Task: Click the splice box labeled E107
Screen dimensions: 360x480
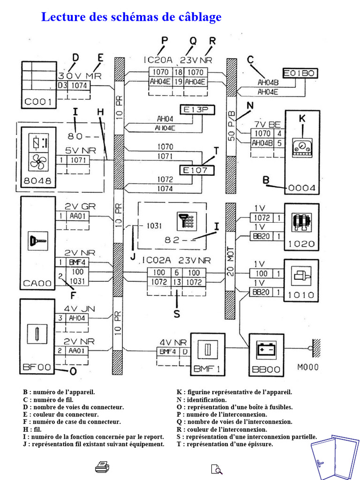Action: (197, 171)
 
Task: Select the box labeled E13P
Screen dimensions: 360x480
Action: (197, 110)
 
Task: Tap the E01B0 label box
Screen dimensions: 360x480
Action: (300, 73)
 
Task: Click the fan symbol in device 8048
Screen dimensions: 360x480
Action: (38, 162)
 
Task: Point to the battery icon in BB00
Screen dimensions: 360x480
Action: (266, 349)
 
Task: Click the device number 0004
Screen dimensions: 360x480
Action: (301, 188)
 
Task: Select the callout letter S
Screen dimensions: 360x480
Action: (177, 314)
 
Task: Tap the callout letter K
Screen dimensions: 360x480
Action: (302, 118)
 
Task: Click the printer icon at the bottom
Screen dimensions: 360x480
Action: (102, 467)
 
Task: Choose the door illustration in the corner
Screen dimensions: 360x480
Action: (334, 457)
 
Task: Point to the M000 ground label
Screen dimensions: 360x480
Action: (307, 367)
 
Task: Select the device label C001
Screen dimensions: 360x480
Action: (38, 102)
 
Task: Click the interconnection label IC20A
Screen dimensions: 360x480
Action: (158, 60)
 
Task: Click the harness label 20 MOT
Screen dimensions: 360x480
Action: (231, 261)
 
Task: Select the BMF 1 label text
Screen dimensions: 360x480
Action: (207, 369)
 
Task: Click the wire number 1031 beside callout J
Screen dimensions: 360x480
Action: (154, 226)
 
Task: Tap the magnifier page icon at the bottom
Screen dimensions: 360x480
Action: (217, 469)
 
